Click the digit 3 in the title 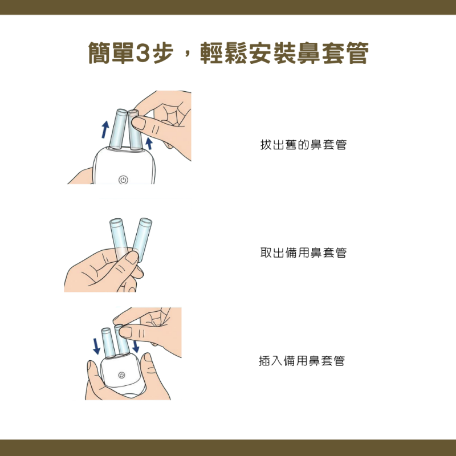click(142, 53)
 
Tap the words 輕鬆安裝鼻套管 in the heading click(284, 53)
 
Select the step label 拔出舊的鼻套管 click(303, 145)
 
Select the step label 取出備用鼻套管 click(303, 253)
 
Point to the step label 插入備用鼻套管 click(302, 361)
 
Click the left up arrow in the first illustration click(105, 129)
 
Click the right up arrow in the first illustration click(149, 144)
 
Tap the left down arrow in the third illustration click(96, 346)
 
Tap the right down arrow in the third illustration click(136, 346)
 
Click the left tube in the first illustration click(118, 129)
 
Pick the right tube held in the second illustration click(142, 239)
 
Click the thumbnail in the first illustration click(139, 123)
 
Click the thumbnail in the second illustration click(132, 258)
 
